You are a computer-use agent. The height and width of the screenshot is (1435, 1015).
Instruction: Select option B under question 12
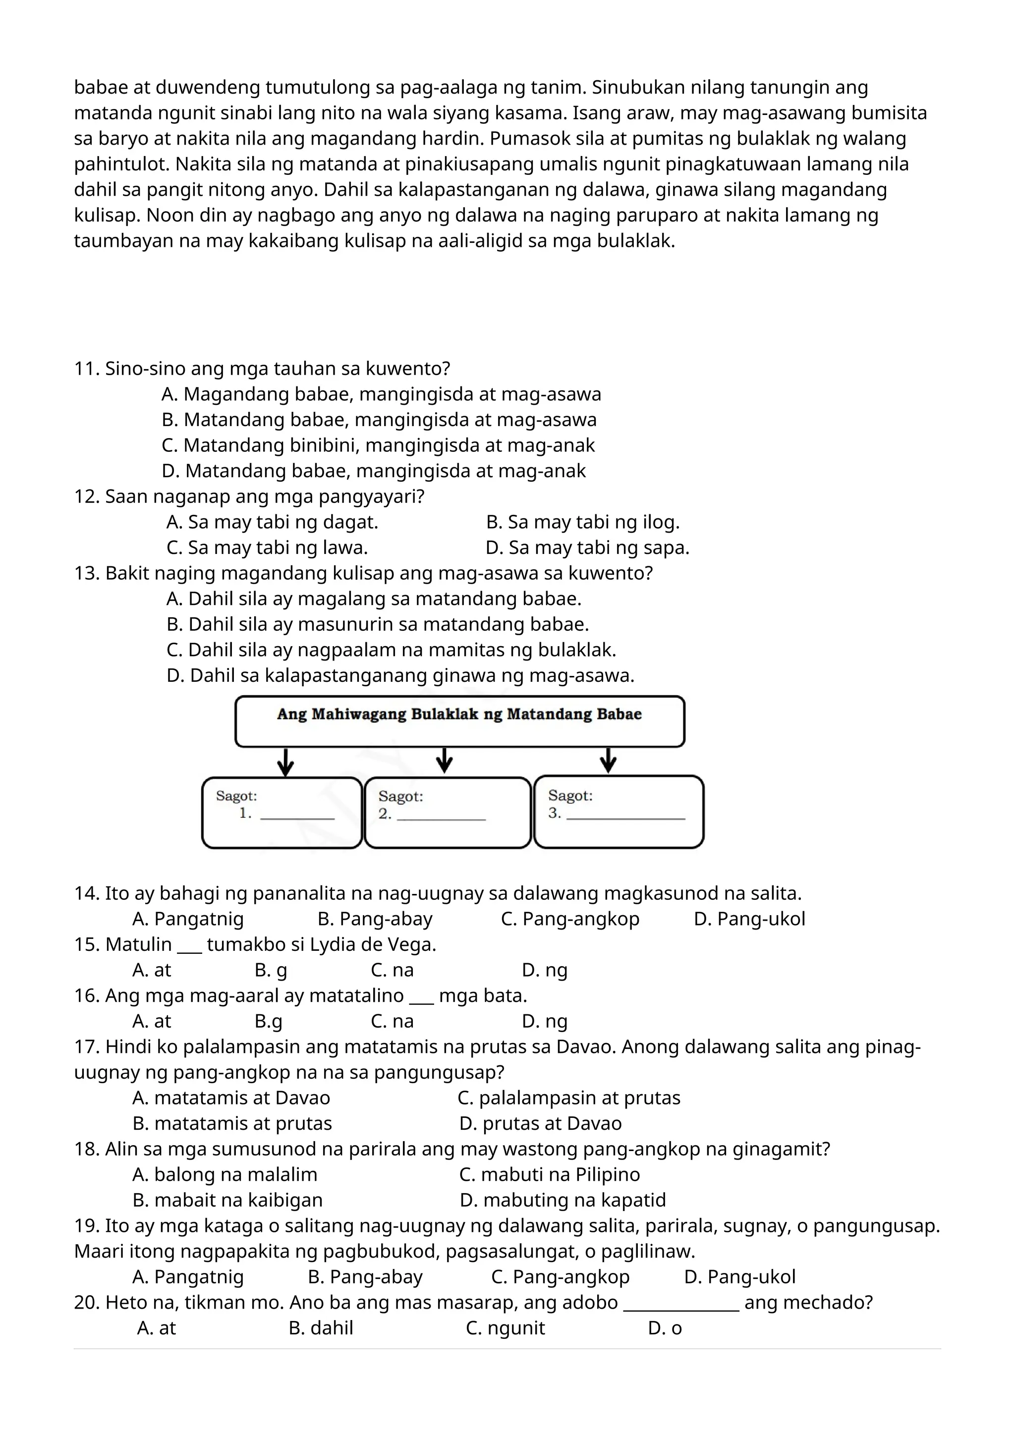(x=582, y=522)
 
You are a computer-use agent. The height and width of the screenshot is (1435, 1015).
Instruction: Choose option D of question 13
(x=400, y=675)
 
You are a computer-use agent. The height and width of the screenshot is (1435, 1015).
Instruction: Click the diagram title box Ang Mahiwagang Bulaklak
(x=459, y=721)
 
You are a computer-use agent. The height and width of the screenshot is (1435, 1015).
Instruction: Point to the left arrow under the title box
(x=285, y=763)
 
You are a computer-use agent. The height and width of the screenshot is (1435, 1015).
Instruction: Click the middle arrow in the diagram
(x=445, y=761)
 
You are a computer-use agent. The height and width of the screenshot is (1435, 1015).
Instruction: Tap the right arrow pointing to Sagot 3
(x=608, y=761)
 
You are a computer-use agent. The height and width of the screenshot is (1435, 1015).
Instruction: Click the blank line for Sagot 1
(x=297, y=817)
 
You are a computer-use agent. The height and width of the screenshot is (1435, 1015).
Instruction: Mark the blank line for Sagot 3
(x=625, y=817)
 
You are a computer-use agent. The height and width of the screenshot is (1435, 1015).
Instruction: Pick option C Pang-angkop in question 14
(x=570, y=919)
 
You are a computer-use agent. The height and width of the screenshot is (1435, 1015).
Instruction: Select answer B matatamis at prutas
(x=232, y=1124)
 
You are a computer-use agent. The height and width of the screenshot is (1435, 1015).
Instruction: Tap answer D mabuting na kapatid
(x=563, y=1201)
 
